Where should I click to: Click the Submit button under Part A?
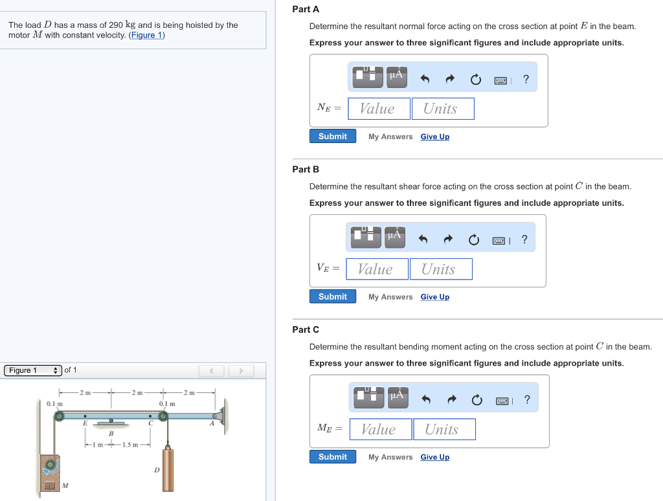(x=333, y=137)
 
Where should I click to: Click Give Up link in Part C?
(x=434, y=457)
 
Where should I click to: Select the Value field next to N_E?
(x=379, y=109)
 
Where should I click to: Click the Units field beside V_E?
(x=440, y=269)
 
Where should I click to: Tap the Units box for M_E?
(x=444, y=429)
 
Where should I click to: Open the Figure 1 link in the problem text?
(x=147, y=35)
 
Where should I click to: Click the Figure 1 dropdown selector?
(x=33, y=370)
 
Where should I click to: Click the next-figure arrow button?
(x=241, y=371)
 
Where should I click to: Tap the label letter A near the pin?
(x=211, y=424)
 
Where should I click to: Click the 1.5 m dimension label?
(x=132, y=445)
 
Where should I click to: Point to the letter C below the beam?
(x=150, y=424)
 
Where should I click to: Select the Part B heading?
(x=306, y=170)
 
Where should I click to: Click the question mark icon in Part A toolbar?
(x=526, y=80)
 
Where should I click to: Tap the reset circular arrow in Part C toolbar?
(x=477, y=400)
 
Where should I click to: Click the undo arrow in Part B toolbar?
(x=423, y=239)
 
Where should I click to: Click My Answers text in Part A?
(x=390, y=137)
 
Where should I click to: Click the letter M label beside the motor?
(x=65, y=485)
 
